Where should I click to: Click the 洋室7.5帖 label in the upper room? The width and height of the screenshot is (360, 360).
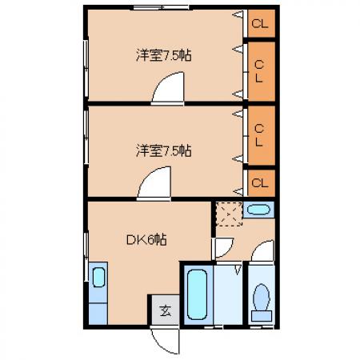[x=164, y=56]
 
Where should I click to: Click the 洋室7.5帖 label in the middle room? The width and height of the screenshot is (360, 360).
[x=164, y=150]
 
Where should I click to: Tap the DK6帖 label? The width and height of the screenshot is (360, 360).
[x=146, y=239]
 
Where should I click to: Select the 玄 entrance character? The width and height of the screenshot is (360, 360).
[x=166, y=310]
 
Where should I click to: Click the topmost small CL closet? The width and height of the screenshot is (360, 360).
[x=262, y=23]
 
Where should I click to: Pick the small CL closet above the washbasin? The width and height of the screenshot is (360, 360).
[x=262, y=183]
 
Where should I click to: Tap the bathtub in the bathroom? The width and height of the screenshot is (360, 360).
[x=198, y=294]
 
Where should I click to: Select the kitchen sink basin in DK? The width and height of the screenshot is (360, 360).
[x=98, y=278]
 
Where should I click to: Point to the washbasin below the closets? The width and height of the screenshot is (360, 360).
[x=258, y=210]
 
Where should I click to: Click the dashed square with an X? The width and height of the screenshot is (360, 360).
[x=229, y=214]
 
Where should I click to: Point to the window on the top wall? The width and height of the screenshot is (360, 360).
[x=162, y=7]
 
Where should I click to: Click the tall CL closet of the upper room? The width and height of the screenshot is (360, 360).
[x=262, y=71]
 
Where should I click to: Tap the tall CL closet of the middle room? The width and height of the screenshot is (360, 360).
[x=262, y=135]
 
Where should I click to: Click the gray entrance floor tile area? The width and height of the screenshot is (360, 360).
[x=166, y=310]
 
